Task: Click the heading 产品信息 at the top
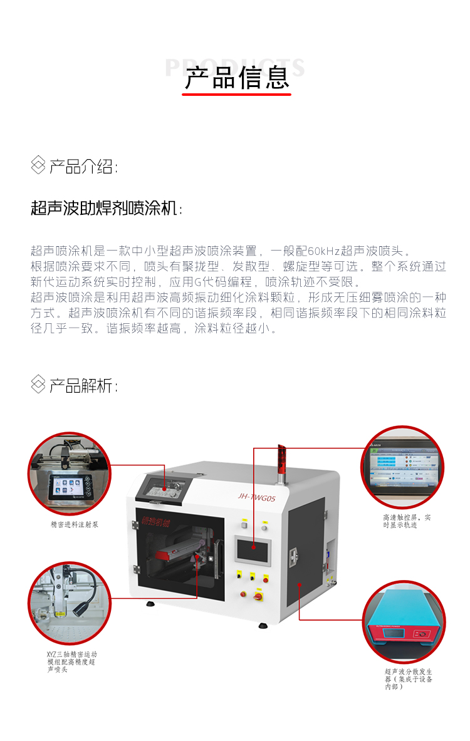tap(237, 78)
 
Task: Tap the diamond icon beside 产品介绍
tap(38, 166)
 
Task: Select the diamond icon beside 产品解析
tap(38, 384)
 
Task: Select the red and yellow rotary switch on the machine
tap(258, 593)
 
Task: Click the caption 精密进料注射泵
tap(74, 524)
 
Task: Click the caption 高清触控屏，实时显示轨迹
tap(407, 521)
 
